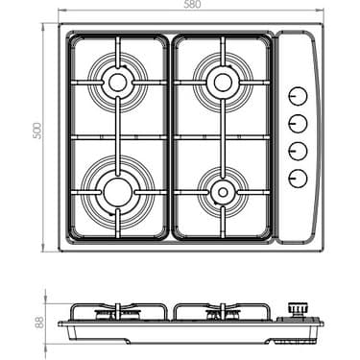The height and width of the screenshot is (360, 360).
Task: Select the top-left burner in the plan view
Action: [118, 83]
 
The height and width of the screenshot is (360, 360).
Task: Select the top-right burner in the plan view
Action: [222, 83]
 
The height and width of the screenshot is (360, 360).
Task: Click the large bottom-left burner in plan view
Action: [118, 187]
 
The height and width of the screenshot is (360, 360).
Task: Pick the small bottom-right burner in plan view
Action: [222, 191]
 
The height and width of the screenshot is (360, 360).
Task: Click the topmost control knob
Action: [299, 97]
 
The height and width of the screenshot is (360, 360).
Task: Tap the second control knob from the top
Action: [299, 123]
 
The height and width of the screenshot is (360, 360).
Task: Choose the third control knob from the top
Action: [299, 150]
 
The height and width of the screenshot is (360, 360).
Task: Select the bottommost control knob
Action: [299, 177]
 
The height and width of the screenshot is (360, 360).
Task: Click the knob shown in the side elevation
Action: [299, 309]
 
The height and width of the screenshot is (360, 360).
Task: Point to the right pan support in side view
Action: [221, 312]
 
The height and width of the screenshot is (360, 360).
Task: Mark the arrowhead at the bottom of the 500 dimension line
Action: [44, 250]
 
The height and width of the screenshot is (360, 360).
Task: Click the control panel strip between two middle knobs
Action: [299, 136]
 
